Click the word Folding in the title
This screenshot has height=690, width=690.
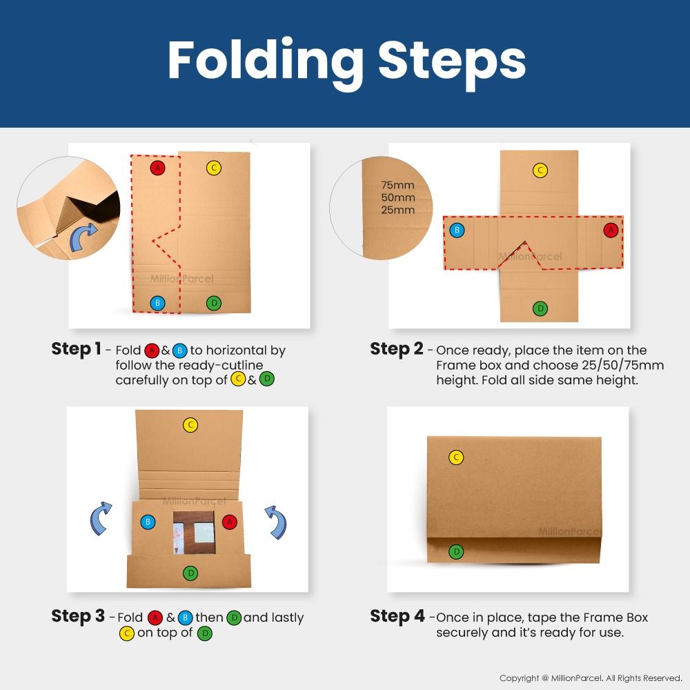pyautogui.click(x=266, y=62)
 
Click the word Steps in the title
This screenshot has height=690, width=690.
pyautogui.click(x=452, y=62)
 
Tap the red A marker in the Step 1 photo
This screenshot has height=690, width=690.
pyautogui.click(x=157, y=168)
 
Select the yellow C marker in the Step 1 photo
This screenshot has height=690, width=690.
pyautogui.click(x=214, y=168)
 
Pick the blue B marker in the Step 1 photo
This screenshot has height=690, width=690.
pyautogui.click(x=157, y=303)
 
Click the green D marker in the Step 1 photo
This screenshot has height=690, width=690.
pyautogui.click(x=214, y=303)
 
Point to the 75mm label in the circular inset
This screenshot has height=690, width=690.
pyautogui.click(x=398, y=185)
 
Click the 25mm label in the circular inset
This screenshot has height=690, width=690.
pyautogui.click(x=398, y=210)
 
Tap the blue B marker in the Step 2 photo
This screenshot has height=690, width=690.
pyautogui.click(x=456, y=230)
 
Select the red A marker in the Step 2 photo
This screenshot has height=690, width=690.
pyautogui.click(x=610, y=230)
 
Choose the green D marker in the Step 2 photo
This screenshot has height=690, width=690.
pyautogui.click(x=540, y=308)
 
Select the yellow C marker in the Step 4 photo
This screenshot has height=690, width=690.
pyautogui.click(x=455, y=457)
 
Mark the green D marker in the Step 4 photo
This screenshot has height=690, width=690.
pyautogui.click(x=455, y=551)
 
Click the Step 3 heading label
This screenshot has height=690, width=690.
pyautogui.click(x=78, y=616)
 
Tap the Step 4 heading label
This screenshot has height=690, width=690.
pyautogui.click(x=397, y=616)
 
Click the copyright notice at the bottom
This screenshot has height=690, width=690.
pyautogui.click(x=591, y=678)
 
